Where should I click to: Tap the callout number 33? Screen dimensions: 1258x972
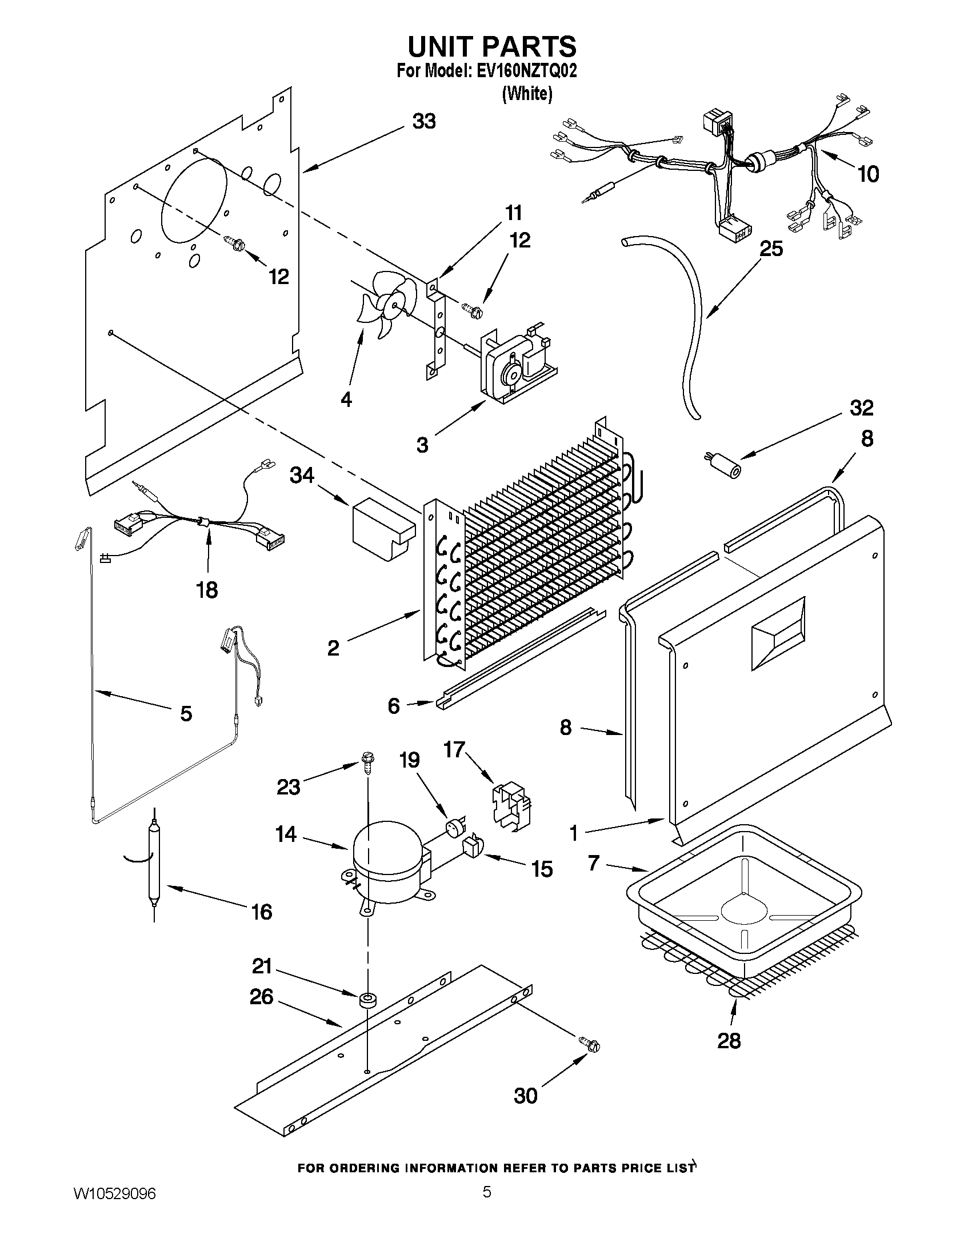pyautogui.click(x=424, y=122)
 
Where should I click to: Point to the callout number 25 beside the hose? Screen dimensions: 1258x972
pyautogui.click(x=771, y=249)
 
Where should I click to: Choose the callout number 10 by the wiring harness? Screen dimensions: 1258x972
pyautogui.click(x=869, y=173)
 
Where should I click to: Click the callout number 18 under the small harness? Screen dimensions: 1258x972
pyautogui.click(x=207, y=589)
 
